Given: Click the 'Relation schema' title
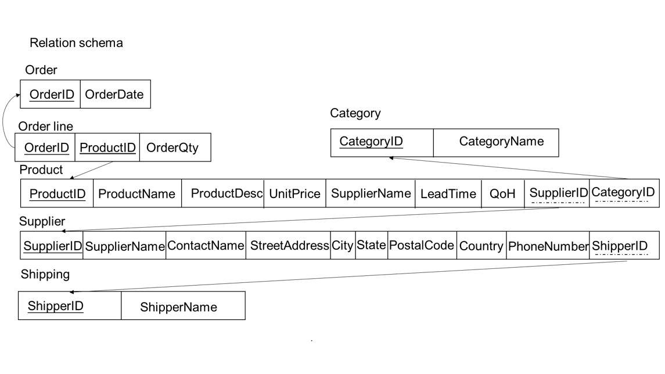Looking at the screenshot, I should (76, 43).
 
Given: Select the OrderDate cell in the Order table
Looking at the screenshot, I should (114, 95).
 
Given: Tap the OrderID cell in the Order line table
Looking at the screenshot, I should (46, 148).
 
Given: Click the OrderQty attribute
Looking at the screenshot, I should (172, 148).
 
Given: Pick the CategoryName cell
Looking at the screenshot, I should (501, 141).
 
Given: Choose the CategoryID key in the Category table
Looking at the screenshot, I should (371, 141).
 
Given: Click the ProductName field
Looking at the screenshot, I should (137, 194).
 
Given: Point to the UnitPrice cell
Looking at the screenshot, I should (294, 194).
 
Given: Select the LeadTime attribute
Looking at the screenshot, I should (448, 194).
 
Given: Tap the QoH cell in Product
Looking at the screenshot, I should (502, 194).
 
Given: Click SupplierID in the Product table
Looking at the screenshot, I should (558, 193).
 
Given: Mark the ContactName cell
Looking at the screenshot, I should (206, 246).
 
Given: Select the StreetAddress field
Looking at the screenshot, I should (289, 246).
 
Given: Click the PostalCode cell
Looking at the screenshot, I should (421, 246).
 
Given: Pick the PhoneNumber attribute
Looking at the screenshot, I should (548, 246).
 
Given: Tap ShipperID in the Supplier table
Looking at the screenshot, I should (620, 246).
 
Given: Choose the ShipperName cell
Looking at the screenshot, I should (178, 307).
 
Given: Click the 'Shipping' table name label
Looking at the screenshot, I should (45, 274).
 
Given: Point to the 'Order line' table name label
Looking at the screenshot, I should (46, 126).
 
